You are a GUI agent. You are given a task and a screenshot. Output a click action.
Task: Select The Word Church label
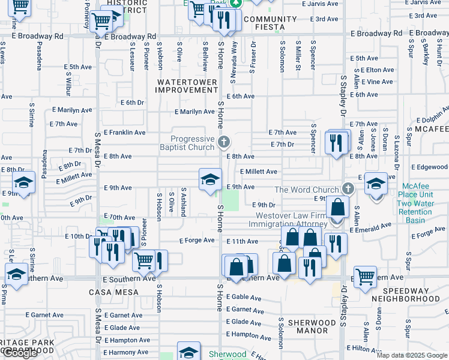point(307,190)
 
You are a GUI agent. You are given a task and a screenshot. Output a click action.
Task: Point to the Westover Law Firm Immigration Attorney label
point(291,220)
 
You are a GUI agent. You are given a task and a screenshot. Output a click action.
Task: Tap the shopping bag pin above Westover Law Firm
point(338,207)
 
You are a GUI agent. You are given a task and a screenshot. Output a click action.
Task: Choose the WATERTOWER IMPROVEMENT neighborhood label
point(187,85)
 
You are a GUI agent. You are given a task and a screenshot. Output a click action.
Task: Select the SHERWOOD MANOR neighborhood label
point(312,326)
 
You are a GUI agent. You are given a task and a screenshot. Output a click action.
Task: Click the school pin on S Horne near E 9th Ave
point(211,179)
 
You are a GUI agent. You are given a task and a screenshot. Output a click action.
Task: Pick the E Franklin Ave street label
point(124,132)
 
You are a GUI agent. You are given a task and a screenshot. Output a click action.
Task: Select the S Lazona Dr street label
point(397,146)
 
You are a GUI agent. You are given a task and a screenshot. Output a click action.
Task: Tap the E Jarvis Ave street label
point(321,4)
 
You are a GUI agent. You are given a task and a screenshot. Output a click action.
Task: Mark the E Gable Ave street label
point(244,298)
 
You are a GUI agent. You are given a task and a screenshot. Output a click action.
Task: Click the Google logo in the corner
point(20,353)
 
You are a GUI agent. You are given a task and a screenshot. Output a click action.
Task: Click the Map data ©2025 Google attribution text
point(412,355)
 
